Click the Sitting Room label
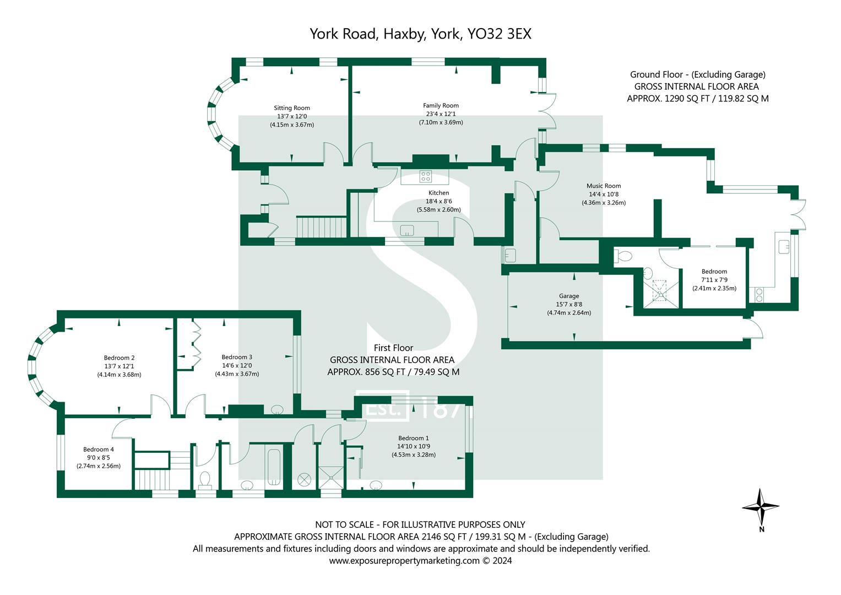tap(292, 108)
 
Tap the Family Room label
tap(441, 105)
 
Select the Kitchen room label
tap(438, 193)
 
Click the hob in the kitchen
tap(425, 176)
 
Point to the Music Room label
tap(604, 186)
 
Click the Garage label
tap(569, 296)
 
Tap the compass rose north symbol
tap(761, 507)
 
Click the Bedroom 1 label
tap(413, 438)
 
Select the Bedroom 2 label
tap(119, 358)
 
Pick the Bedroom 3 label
tap(237, 357)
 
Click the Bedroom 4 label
tap(99, 449)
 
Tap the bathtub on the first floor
tap(274, 468)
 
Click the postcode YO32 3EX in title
tap(499, 34)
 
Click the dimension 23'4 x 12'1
tap(441, 114)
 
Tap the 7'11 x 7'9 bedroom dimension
tap(714, 280)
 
